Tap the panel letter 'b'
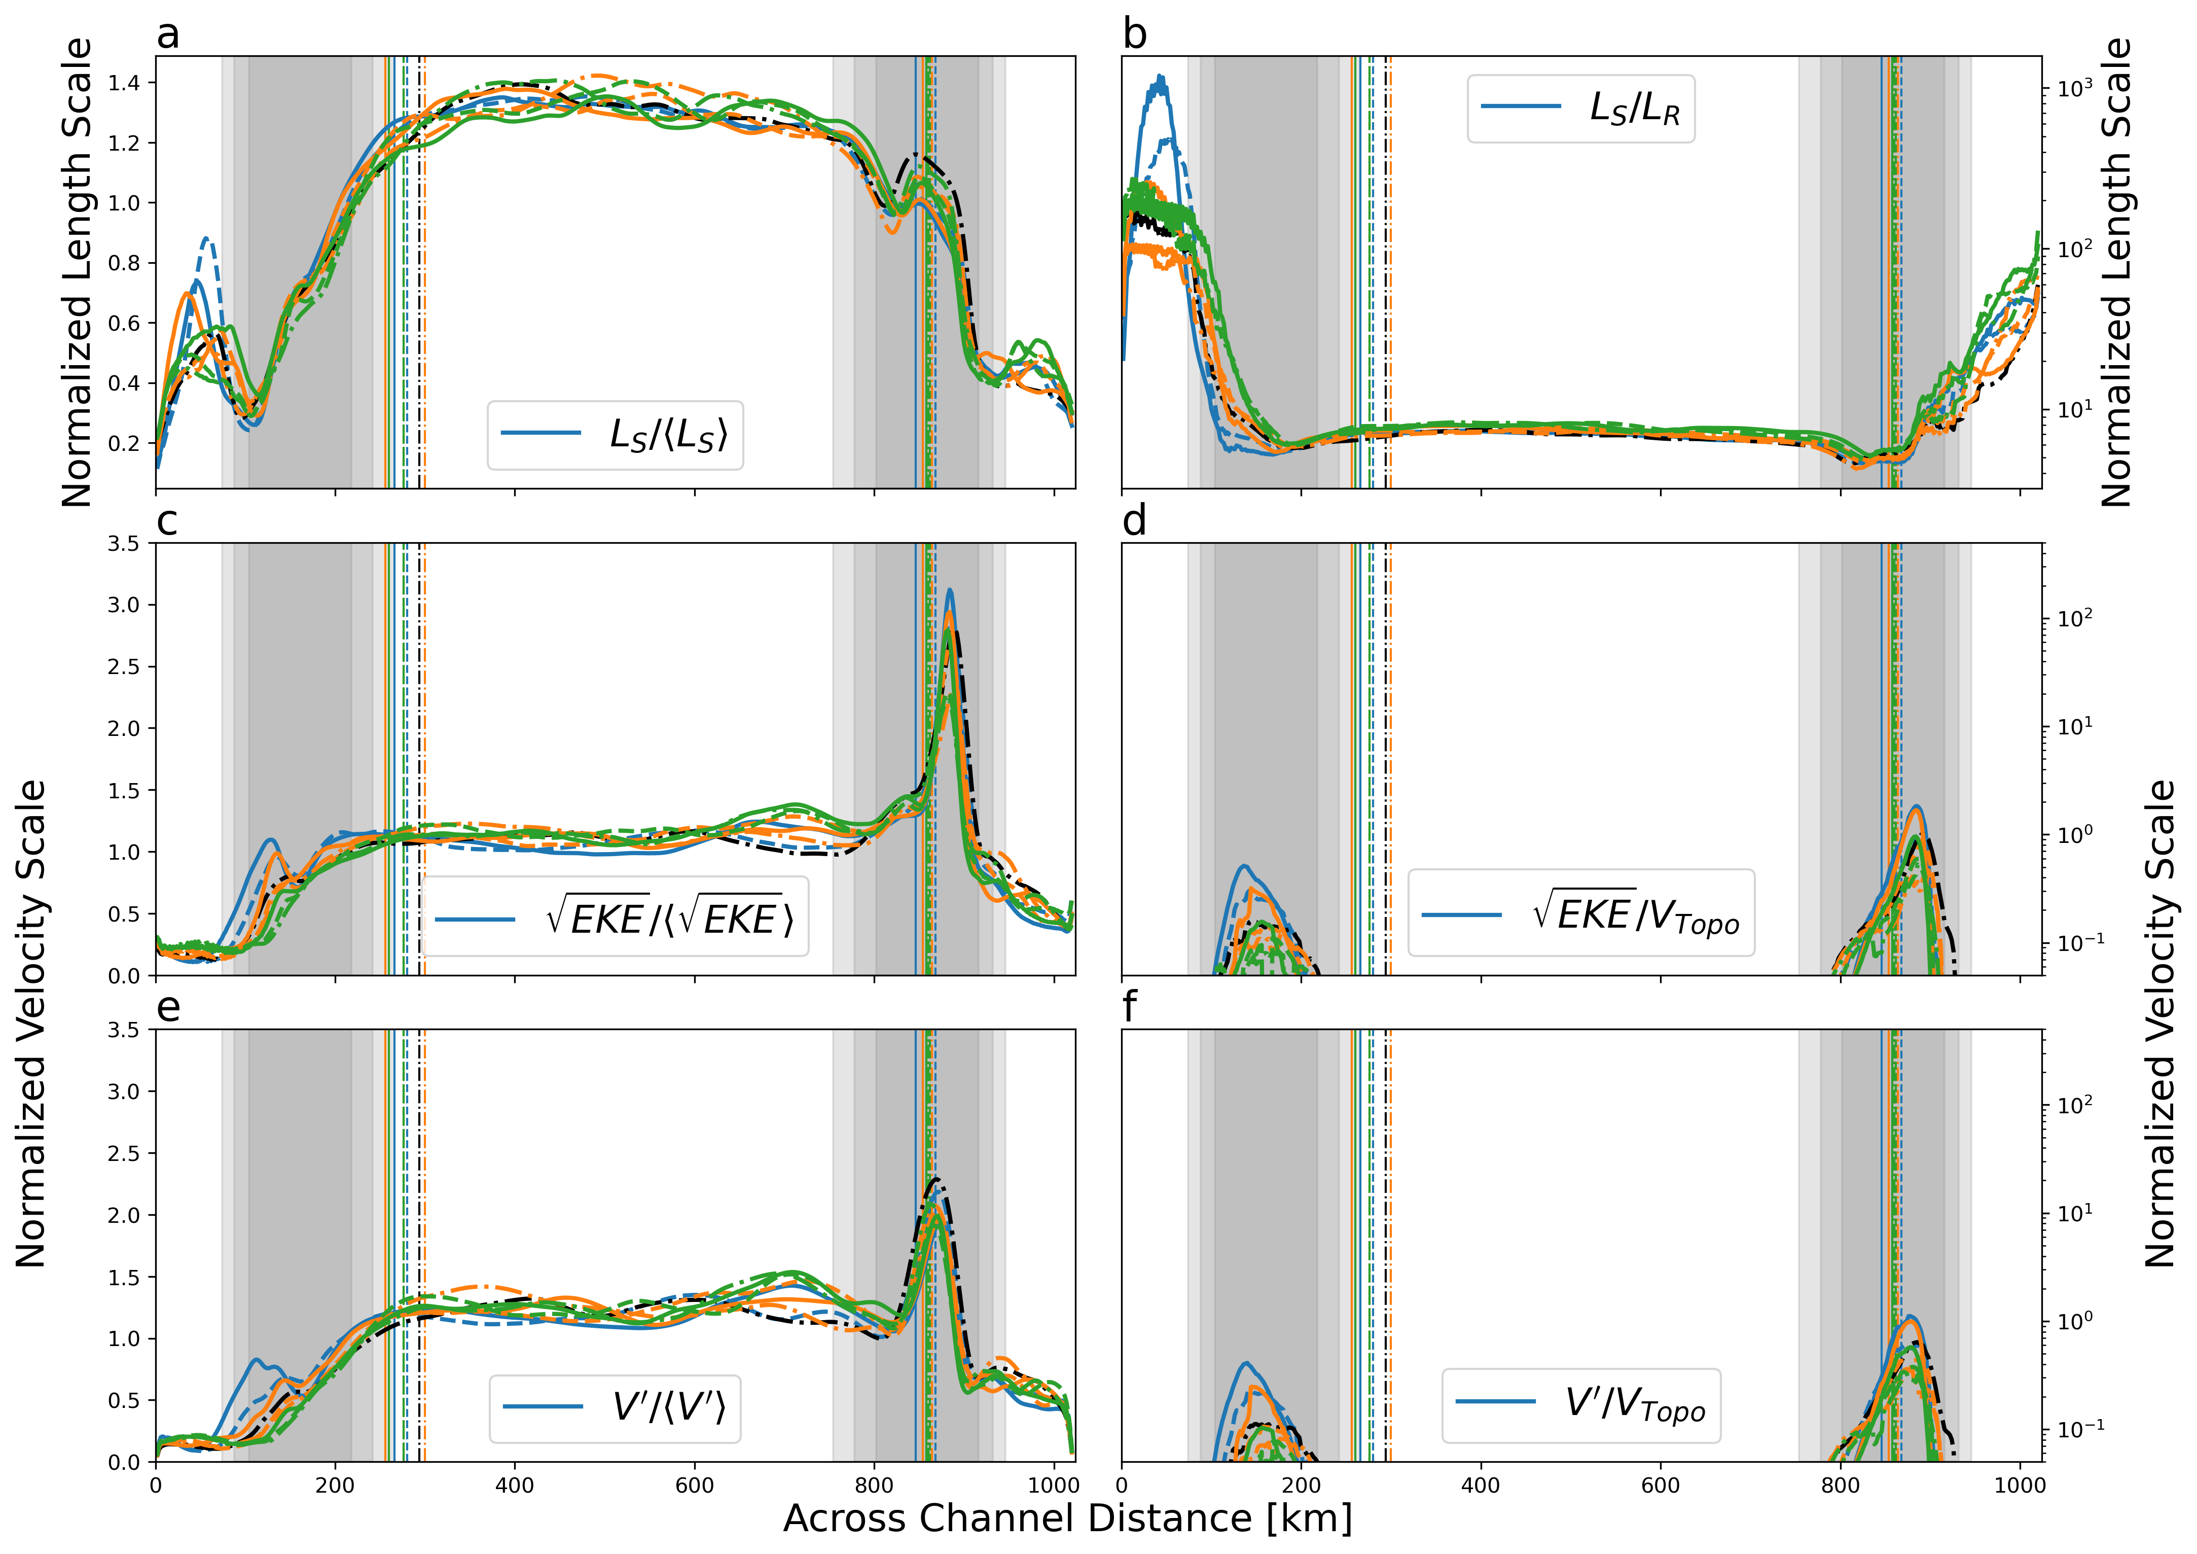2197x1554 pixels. pyautogui.click(x=1135, y=34)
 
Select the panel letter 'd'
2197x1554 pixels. pyautogui.click(x=1135, y=521)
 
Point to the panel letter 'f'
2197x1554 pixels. pyautogui.click(x=1130, y=1008)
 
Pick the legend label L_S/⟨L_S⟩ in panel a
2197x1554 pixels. pyautogui.click(x=669, y=435)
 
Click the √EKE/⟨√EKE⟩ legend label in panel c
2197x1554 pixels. pyautogui.click(x=669, y=919)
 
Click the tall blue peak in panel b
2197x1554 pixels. pyautogui.click(x=1161, y=77)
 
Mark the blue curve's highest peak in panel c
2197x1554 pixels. pyautogui.click(x=949, y=590)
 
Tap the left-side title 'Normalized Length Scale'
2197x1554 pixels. pyautogui.click(x=77, y=273)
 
